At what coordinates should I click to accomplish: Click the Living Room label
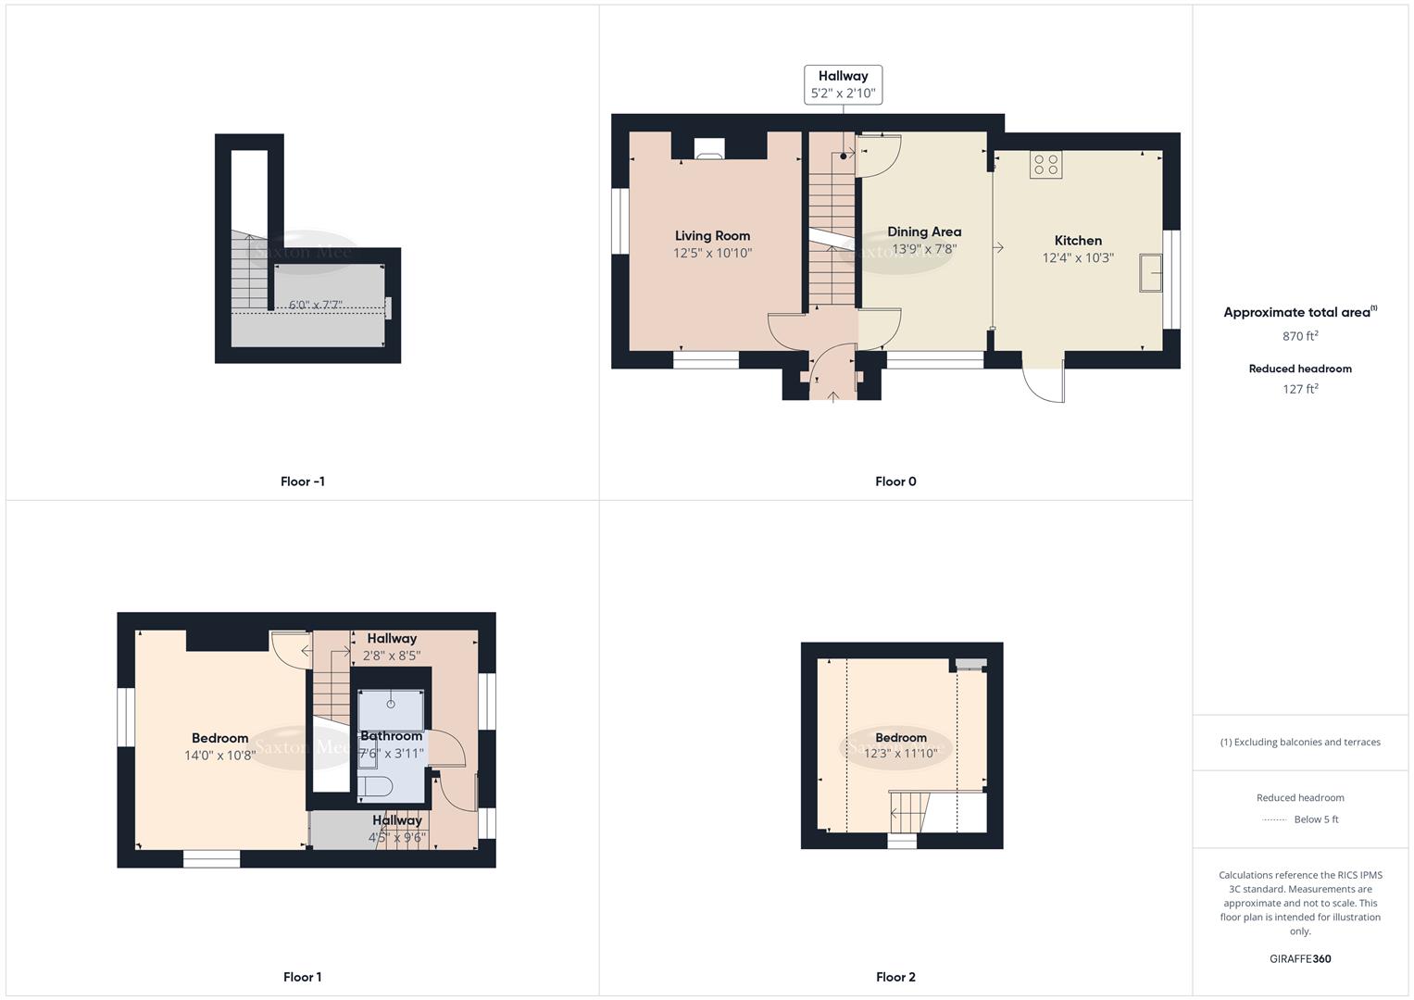[712, 236]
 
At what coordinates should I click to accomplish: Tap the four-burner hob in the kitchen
[1045, 165]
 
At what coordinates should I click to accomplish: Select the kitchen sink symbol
[1150, 272]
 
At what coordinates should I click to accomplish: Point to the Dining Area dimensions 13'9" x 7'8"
[923, 249]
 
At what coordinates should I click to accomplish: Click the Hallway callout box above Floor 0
[843, 84]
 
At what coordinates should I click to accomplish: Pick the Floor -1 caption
[303, 481]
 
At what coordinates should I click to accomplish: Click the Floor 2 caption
[895, 977]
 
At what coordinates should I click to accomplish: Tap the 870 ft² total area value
[1300, 336]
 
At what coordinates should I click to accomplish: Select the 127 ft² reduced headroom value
[1300, 389]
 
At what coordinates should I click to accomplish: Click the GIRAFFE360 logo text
[1300, 959]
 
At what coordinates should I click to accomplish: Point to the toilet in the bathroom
[376, 787]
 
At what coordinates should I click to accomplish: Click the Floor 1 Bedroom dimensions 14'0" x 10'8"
[219, 756]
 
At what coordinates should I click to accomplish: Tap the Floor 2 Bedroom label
[901, 738]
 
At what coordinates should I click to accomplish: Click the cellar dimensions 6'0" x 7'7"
[316, 305]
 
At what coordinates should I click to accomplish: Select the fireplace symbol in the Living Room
[708, 149]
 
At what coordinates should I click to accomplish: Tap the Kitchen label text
[1078, 241]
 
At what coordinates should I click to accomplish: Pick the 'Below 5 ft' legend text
[1316, 819]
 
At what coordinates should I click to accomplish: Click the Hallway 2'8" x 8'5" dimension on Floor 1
[392, 656]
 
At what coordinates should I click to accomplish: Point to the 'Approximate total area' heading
[1297, 313]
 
